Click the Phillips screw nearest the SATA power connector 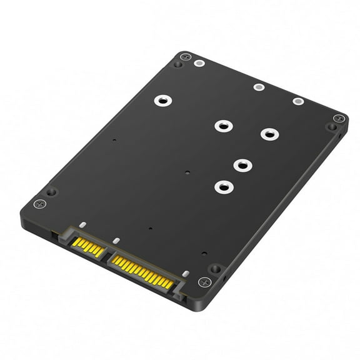click(x=203, y=282)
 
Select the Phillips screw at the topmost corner click(x=184, y=57)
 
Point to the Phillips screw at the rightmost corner click(x=338, y=118)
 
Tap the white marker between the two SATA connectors click(x=115, y=240)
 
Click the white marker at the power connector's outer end click(x=186, y=273)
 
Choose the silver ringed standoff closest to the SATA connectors click(x=222, y=186)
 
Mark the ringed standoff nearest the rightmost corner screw click(x=269, y=134)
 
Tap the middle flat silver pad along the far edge click(x=258, y=86)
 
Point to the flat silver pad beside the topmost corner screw click(x=199, y=63)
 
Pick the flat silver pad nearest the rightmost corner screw click(x=297, y=101)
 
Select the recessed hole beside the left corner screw click(x=51, y=191)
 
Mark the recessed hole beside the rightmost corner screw click(x=331, y=127)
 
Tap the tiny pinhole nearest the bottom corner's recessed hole click(x=204, y=253)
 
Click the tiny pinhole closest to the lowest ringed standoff click(x=188, y=172)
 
